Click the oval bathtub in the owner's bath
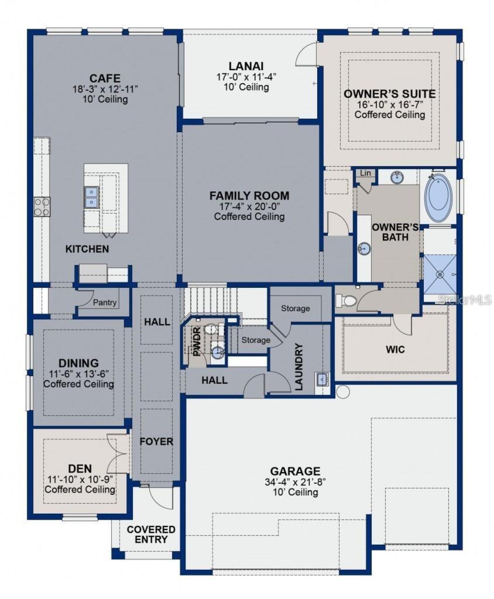pos(438,198)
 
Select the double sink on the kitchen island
pos(91,197)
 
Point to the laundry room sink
pos(321,380)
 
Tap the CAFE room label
pos(105,78)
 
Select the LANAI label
pos(246,66)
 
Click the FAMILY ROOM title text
pos(249,196)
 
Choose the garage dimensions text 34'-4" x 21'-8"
pos(295,482)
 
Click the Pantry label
pos(105,302)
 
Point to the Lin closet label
pos(365,173)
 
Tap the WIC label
pos(395,349)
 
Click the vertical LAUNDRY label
pos(299,367)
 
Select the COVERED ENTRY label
pos(151,535)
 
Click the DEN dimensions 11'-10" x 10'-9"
pos(80,479)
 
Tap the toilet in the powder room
pos(211,329)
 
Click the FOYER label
pos(156,442)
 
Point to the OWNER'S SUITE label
pos(389,94)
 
